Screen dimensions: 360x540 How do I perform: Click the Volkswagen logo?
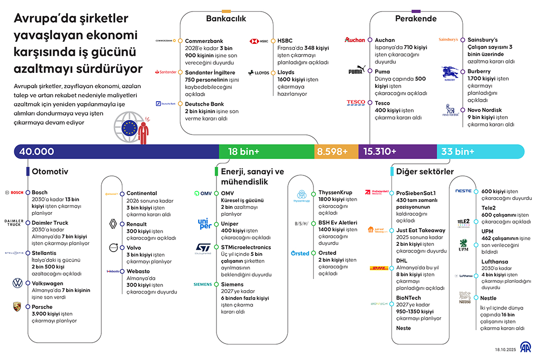click(x=17, y=283)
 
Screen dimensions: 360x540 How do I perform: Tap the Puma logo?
click(x=357, y=70)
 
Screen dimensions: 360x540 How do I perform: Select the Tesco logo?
click(x=356, y=103)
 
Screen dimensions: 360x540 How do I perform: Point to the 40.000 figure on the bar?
click(x=37, y=152)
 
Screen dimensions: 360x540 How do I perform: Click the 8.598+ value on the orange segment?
click(x=332, y=152)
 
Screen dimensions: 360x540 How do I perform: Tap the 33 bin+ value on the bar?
click(x=458, y=152)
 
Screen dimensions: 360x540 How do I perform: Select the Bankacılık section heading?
click(x=226, y=19)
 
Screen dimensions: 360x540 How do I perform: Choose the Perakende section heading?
click(x=416, y=19)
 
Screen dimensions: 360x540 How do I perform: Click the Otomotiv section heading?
click(x=50, y=171)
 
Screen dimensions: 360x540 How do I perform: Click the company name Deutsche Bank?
click(x=204, y=104)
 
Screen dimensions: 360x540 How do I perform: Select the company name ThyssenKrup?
click(x=335, y=192)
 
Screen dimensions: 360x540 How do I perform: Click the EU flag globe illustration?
click(x=129, y=128)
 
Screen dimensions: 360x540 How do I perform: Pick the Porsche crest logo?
click(x=17, y=307)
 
